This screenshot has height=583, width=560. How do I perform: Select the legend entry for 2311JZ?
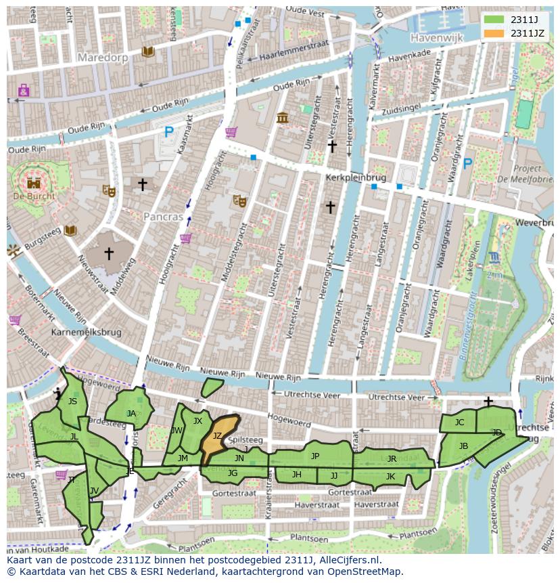coord(527,33)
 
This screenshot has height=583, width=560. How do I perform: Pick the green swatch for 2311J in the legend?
coord(494,19)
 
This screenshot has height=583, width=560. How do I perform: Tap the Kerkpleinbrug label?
coord(356,177)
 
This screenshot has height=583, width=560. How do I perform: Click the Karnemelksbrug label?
coord(87,332)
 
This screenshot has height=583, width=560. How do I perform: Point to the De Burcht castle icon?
coord(32,182)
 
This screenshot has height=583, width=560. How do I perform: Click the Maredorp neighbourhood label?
coord(102,58)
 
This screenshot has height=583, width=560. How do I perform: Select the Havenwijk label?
coord(436,39)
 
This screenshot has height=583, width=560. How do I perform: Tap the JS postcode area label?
coord(72,402)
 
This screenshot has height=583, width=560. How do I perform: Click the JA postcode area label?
coord(131,413)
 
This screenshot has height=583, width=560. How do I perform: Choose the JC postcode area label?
coord(459,423)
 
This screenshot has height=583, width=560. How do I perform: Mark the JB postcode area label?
coord(463,446)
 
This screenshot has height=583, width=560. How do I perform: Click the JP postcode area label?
coord(315,456)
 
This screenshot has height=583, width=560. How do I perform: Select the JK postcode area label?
coord(390,476)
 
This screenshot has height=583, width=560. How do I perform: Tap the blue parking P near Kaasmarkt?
coord(169,133)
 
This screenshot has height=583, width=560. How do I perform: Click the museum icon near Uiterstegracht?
coord(282,118)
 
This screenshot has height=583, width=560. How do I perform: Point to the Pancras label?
coord(163,217)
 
